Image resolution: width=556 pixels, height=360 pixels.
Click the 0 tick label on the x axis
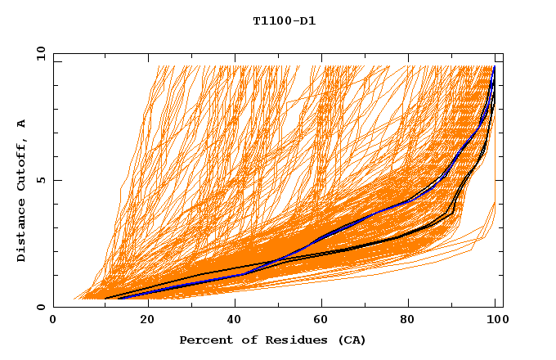pos(54,320)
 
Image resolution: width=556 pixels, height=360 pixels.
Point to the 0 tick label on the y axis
pos(40,307)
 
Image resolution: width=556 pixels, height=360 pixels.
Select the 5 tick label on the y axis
pos(40,180)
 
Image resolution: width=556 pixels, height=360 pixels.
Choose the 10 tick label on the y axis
pos(40,54)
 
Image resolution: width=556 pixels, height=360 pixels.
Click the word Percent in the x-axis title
pos(204,340)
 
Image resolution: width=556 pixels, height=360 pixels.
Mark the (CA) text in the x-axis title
pos(349,340)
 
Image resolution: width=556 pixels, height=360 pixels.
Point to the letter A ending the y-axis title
pos(21,124)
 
